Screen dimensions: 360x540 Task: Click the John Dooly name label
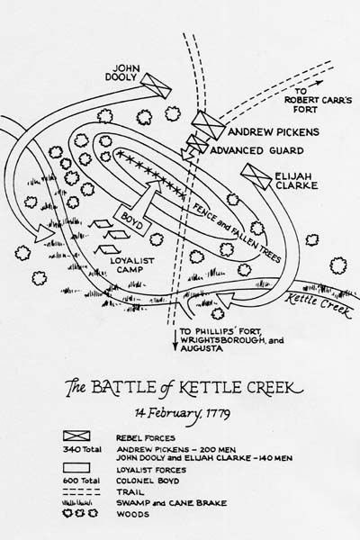point(121,72)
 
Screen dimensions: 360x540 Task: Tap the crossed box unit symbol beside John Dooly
point(156,85)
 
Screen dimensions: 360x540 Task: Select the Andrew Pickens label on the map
point(274,132)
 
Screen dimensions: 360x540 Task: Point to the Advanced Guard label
point(257,150)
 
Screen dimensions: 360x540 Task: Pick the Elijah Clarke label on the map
point(296,181)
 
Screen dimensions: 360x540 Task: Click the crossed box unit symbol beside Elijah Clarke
point(256,176)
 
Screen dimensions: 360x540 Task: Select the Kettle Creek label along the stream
point(318,304)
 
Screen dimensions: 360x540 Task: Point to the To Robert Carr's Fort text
point(318,100)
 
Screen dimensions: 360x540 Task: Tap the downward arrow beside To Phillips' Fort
point(175,339)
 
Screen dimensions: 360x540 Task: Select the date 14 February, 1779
point(183,413)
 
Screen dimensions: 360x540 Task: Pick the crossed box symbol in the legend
point(76,436)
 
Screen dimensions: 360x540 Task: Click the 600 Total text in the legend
point(82,481)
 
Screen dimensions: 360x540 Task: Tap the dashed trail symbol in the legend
point(82,492)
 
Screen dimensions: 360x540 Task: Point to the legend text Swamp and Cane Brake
point(172,503)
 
